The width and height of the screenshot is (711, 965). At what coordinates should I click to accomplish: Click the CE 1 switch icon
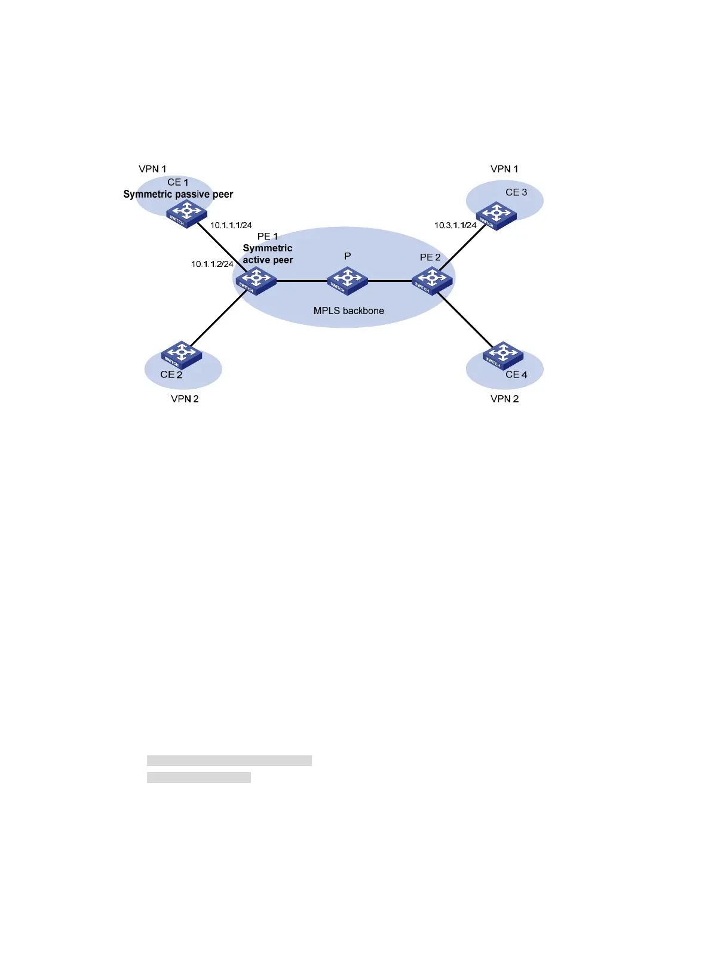click(x=186, y=214)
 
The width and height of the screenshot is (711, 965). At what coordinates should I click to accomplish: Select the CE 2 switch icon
click(x=182, y=355)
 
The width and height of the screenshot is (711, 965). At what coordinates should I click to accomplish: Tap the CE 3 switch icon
click(x=496, y=216)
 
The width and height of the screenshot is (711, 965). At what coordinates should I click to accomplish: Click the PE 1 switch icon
click(x=256, y=281)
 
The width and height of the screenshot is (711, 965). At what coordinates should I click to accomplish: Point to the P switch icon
click(x=347, y=281)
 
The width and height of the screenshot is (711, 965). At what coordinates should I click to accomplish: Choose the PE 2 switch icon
click(x=432, y=281)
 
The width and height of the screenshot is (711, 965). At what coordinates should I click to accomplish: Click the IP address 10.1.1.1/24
click(x=231, y=226)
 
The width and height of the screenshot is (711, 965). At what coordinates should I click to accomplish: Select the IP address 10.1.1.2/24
click(x=212, y=264)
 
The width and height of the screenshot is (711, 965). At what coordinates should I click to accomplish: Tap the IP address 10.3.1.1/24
click(x=455, y=226)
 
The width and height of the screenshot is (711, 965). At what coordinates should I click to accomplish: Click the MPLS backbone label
click(x=348, y=311)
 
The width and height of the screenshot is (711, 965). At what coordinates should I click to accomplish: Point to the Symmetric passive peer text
click(x=178, y=194)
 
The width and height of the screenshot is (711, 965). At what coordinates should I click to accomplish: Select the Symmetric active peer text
click(x=268, y=254)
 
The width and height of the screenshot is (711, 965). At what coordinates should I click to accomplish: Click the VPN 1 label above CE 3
click(x=504, y=169)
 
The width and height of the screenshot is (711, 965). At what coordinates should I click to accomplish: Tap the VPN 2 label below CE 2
click(x=185, y=399)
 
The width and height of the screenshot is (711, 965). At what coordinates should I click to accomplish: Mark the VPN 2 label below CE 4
click(x=504, y=399)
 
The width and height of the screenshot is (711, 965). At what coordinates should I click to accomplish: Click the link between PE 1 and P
click(x=302, y=281)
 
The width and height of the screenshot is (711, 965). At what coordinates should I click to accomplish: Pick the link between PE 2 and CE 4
click(x=466, y=320)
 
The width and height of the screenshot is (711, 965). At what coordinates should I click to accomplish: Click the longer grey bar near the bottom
click(x=229, y=761)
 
